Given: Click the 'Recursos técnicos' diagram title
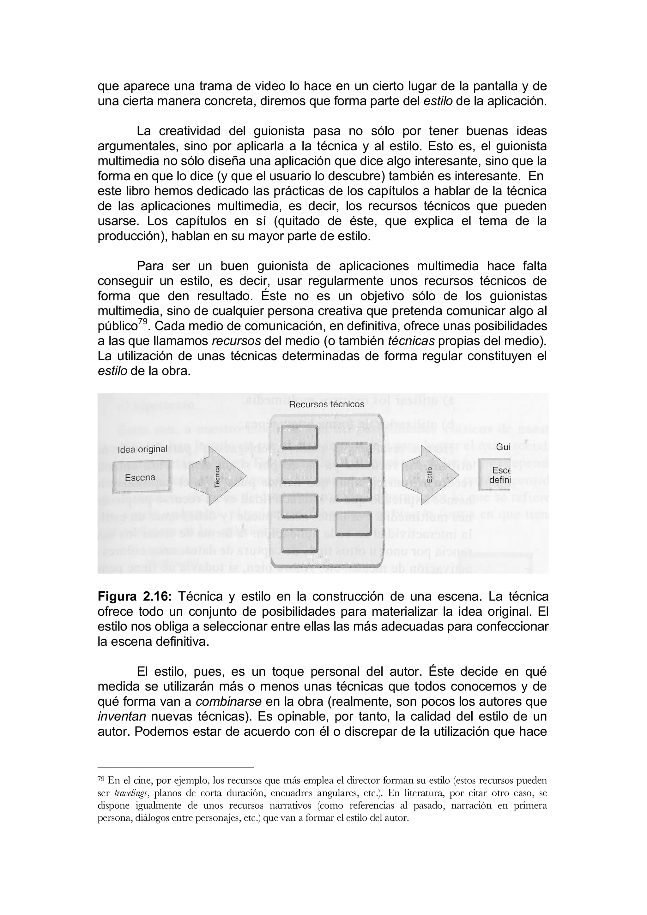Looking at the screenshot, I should tap(326, 404).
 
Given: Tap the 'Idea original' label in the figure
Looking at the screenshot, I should tap(142, 449).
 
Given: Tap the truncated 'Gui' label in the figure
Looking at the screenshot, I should tap(503, 447).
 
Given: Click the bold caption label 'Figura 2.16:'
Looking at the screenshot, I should tap(134, 597).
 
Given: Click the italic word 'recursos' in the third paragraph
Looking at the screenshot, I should tap(236, 341).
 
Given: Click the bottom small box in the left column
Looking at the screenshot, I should tap(299, 542).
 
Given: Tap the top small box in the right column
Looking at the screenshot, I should tap(353, 455).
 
